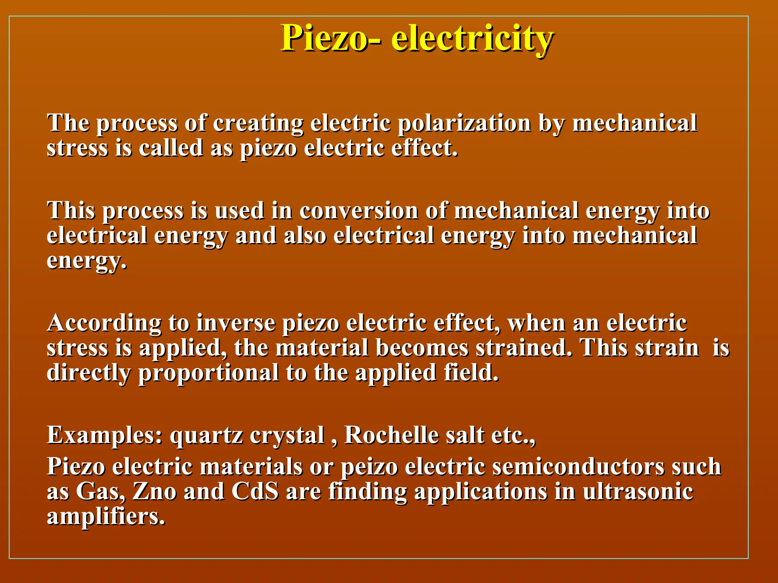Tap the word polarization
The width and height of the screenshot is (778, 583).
[464, 123]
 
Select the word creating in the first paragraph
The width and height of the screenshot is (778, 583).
[258, 123]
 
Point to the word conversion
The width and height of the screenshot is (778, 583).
[359, 211]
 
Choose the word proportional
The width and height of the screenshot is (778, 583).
[208, 373]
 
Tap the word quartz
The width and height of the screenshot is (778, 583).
[206, 435]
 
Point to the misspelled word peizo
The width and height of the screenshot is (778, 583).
[369, 467]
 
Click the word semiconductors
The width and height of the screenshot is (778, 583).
[578, 467]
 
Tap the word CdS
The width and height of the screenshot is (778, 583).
[255, 492]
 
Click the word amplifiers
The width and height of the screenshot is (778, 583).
[106, 517]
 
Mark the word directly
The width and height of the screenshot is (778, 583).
[89, 373]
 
